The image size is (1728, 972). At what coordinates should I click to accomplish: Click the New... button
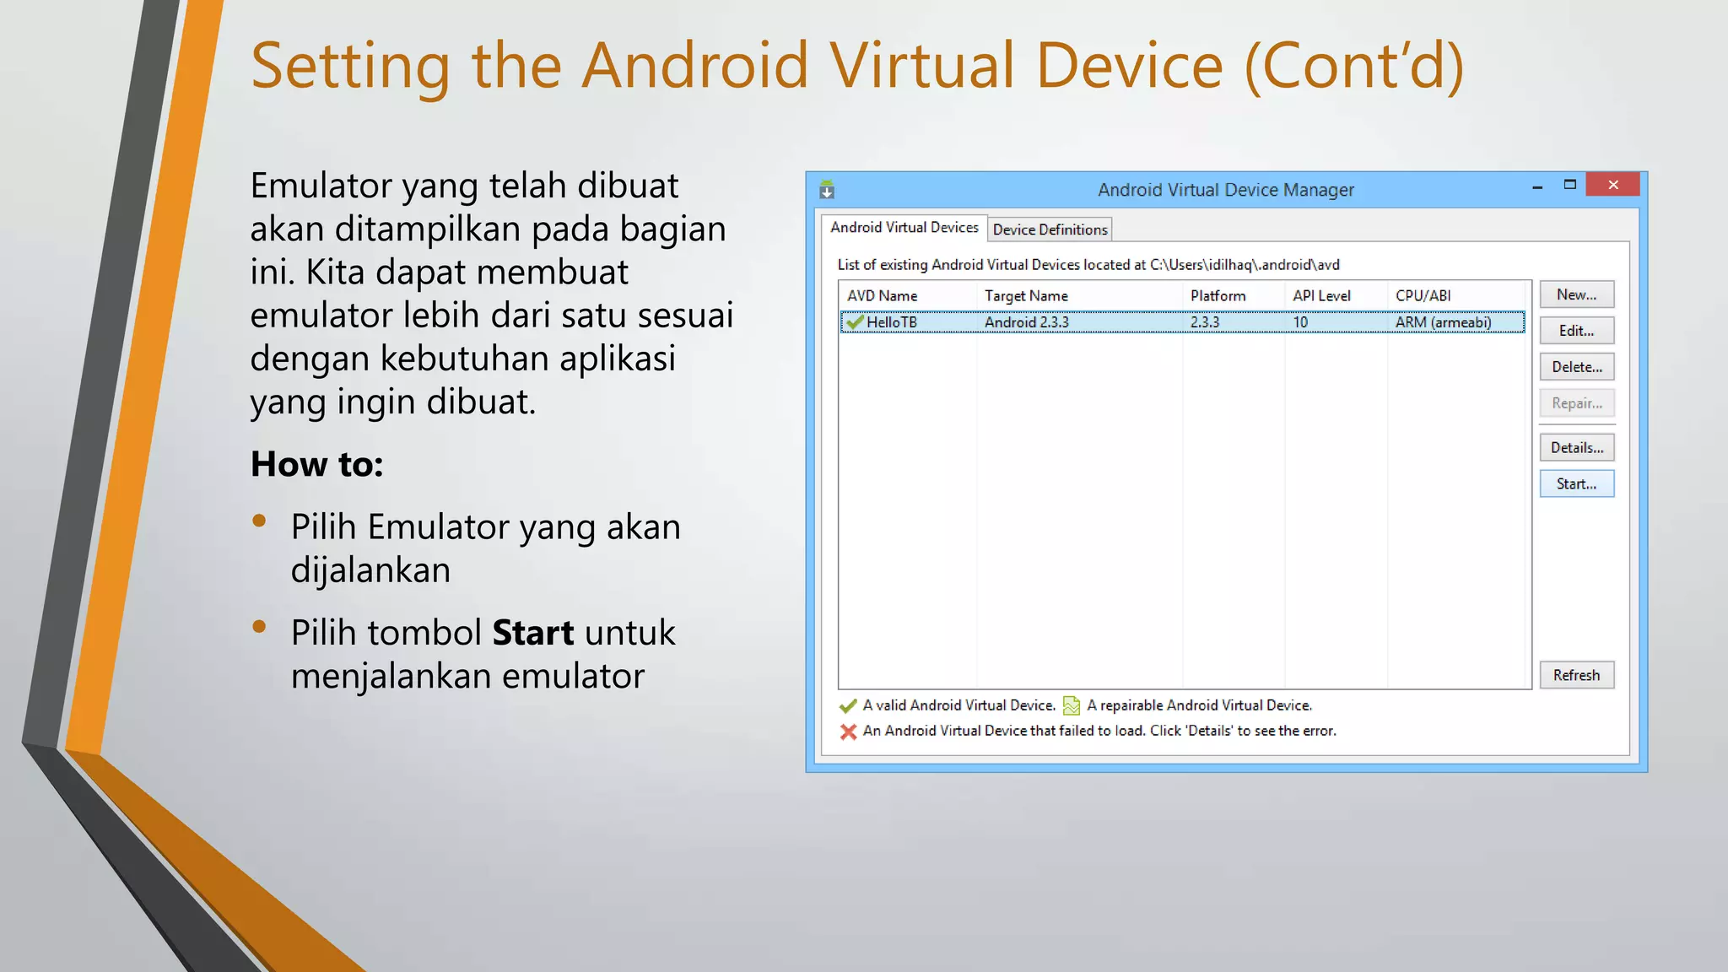click(x=1576, y=294)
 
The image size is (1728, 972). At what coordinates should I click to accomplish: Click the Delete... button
click(x=1576, y=367)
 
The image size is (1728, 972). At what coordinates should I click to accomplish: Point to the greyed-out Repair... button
click(x=1576, y=403)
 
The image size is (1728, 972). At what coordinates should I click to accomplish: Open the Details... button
click(x=1576, y=448)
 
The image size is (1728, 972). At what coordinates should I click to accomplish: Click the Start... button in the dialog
click(x=1576, y=484)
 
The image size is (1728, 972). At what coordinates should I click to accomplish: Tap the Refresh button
click(x=1576, y=675)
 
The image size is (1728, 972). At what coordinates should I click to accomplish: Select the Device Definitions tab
click(x=1050, y=229)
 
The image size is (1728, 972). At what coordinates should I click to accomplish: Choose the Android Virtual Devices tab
click(x=904, y=228)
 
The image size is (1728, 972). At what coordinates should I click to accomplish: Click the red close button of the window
click(x=1612, y=185)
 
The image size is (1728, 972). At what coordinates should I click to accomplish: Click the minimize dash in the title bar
click(x=1537, y=186)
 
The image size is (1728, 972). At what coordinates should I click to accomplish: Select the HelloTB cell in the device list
click(x=891, y=322)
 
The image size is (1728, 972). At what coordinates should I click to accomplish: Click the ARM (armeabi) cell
click(x=1443, y=322)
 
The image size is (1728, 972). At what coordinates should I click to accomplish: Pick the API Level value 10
click(x=1300, y=322)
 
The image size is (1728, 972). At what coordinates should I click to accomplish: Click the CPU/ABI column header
click(x=1423, y=296)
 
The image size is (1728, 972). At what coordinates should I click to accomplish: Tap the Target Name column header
click(x=1026, y=296)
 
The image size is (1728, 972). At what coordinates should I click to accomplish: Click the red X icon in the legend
click(x=848, y=732)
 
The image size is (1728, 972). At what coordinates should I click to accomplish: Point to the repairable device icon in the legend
click(x=1072, y=705)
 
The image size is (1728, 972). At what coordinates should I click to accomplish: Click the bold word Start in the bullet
click(x=532, y=633)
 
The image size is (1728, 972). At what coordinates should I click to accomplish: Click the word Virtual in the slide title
click(x=921, y=66)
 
